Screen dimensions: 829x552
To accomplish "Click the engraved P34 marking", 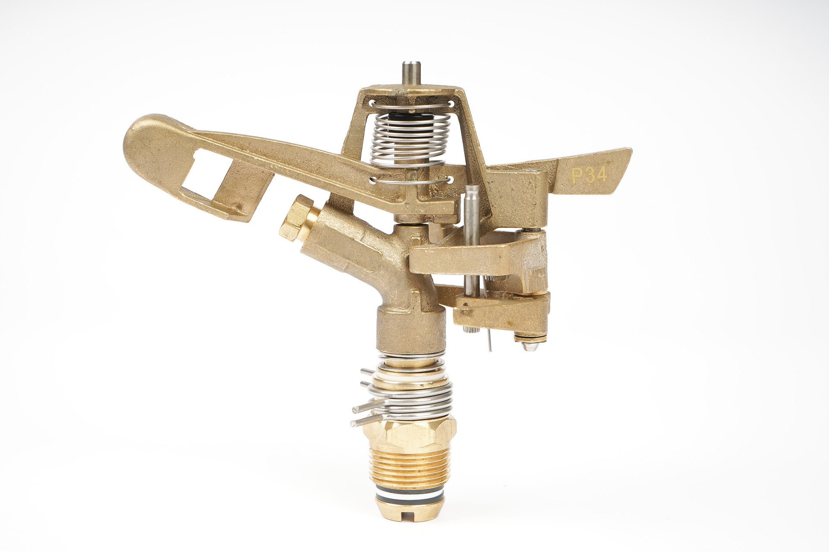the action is pos(589,175).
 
